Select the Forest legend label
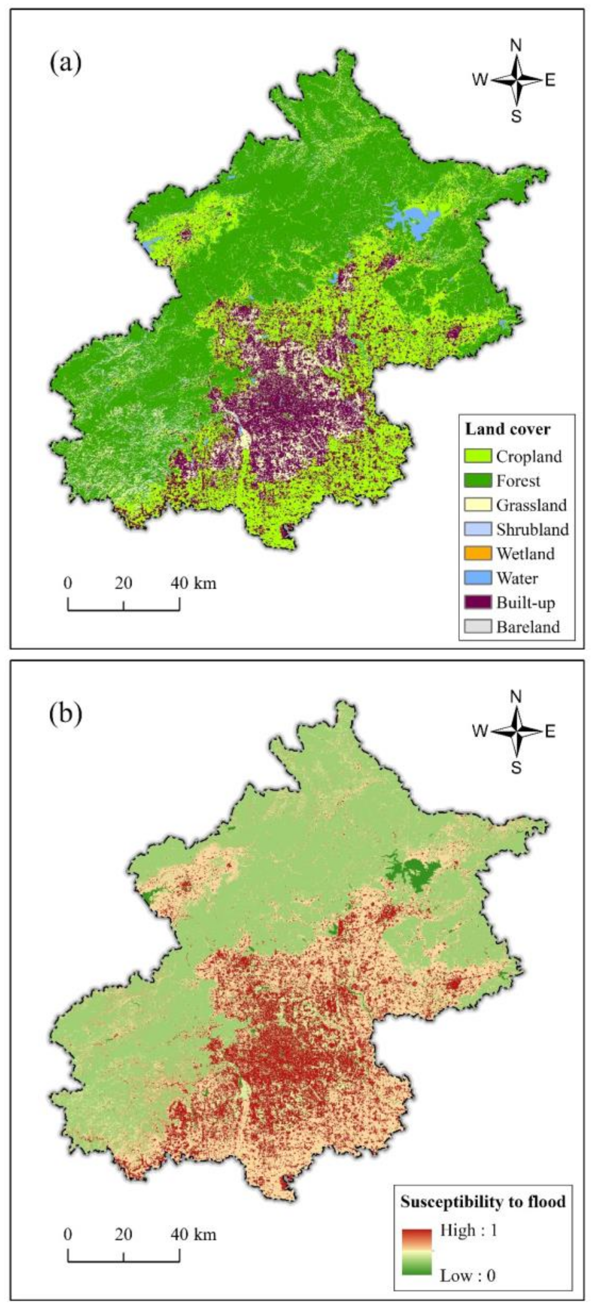518,481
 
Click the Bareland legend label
528,626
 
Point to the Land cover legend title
507,429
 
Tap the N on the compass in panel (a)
516,46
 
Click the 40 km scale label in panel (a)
194,583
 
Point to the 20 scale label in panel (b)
123,1234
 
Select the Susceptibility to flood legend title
483,1201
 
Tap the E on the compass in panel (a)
550,80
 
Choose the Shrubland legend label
532,530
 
